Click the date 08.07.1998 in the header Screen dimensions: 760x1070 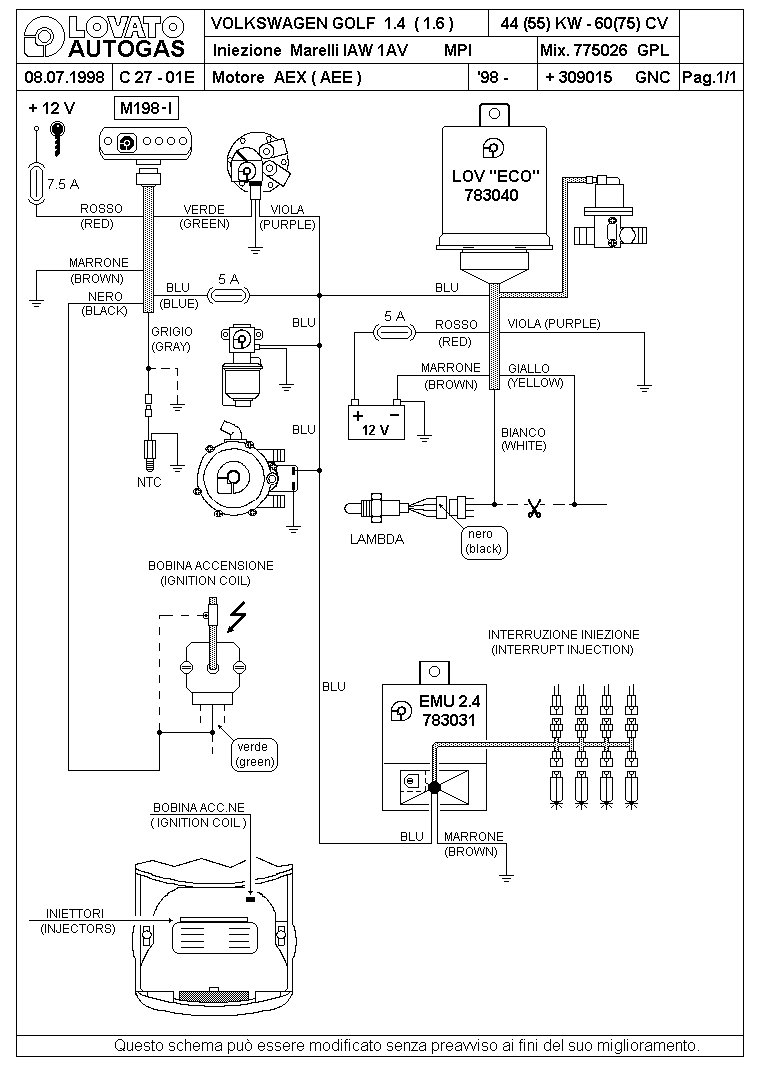64,77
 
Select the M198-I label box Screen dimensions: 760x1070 147,108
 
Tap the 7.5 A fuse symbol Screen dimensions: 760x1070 36,184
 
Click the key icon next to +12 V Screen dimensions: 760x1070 58,138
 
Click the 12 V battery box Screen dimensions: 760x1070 376,422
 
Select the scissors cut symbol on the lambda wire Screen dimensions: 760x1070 534,508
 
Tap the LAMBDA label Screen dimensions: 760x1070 377,539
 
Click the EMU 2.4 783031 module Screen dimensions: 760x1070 435,737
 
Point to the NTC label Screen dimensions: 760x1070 149,482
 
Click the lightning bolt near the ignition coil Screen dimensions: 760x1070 236,616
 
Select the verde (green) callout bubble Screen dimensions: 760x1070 254,755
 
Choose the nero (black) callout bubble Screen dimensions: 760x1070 484,542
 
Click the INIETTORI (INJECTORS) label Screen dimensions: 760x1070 76,921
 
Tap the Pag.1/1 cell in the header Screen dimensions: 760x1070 710,78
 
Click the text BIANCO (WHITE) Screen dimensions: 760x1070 523,439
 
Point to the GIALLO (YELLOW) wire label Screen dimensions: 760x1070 535,376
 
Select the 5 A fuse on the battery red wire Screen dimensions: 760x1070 394,332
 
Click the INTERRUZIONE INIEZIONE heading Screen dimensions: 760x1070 564,635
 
